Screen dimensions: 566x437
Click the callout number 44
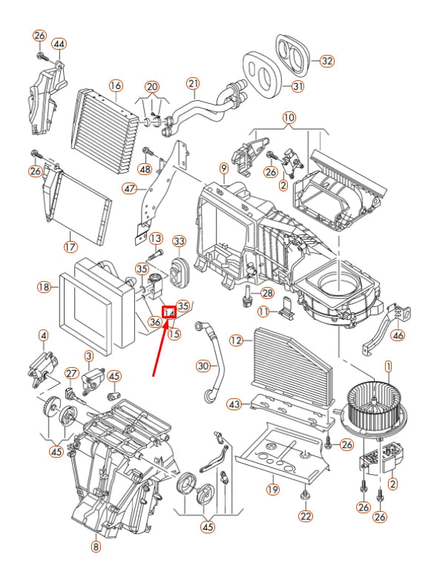[x=59, y=44]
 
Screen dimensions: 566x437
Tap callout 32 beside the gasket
[x=326, y=62]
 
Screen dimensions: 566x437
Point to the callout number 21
[x=193, y=83]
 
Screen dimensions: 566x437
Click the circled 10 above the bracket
[x=289, y=118]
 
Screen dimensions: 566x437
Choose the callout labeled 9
[x=223, y=169]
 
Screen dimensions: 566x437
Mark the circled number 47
[x=131, y=188]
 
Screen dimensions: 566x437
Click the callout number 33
[x=179, y=241]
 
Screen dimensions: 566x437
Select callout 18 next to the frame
[x=44, y=286]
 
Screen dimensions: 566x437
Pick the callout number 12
[x=237, y=340]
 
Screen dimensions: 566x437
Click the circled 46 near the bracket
[x=398, y=336]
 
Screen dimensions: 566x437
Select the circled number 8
[x=96, y=547]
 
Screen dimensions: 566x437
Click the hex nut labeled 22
[x=306, y=495]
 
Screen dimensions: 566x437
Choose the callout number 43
[x=234, y=404]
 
